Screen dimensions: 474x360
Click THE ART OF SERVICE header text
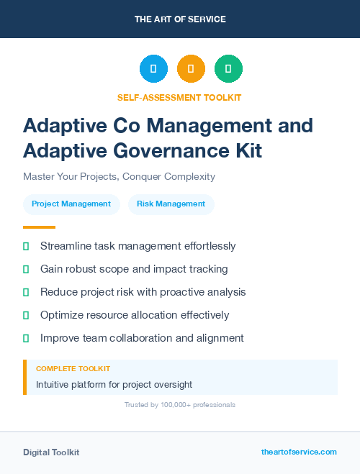click(x=180, y=19)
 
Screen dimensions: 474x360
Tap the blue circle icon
click(x=153, y=69)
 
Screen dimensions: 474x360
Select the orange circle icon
click(x=191, y=69)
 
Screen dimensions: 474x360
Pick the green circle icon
click(x=228, y=69)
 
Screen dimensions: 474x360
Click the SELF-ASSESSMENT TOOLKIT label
click(x=179, y=97)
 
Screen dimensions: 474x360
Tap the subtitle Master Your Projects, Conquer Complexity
click(x=119, y=176)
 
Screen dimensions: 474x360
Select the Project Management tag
click(x=72, y=204)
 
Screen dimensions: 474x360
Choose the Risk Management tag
click(x=171, y=204)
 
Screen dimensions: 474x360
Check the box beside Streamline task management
click(x=26, y=246)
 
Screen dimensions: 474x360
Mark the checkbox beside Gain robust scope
click(x=26, y=269)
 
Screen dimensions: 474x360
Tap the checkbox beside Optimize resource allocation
click(x=26, y=315)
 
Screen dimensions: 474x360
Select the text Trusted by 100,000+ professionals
click(x=180, y=405)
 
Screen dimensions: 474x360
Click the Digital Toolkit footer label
click(x=51, y=452)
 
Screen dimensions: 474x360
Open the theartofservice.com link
click(x=299, y=452)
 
